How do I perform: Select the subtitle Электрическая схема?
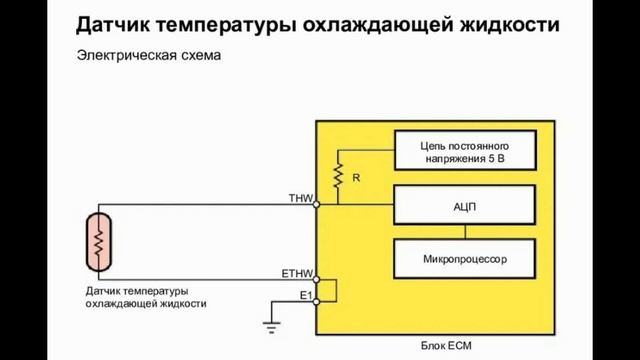coord(148,57)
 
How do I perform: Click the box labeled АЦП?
coord(464,205)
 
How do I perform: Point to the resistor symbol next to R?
coord(339,176)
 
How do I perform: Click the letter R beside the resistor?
coord(355,177)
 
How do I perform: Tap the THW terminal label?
coord(300,198)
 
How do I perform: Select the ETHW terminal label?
coord(297,272)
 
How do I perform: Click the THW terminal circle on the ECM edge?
coord(316,205)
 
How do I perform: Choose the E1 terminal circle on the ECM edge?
coord(316,300)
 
